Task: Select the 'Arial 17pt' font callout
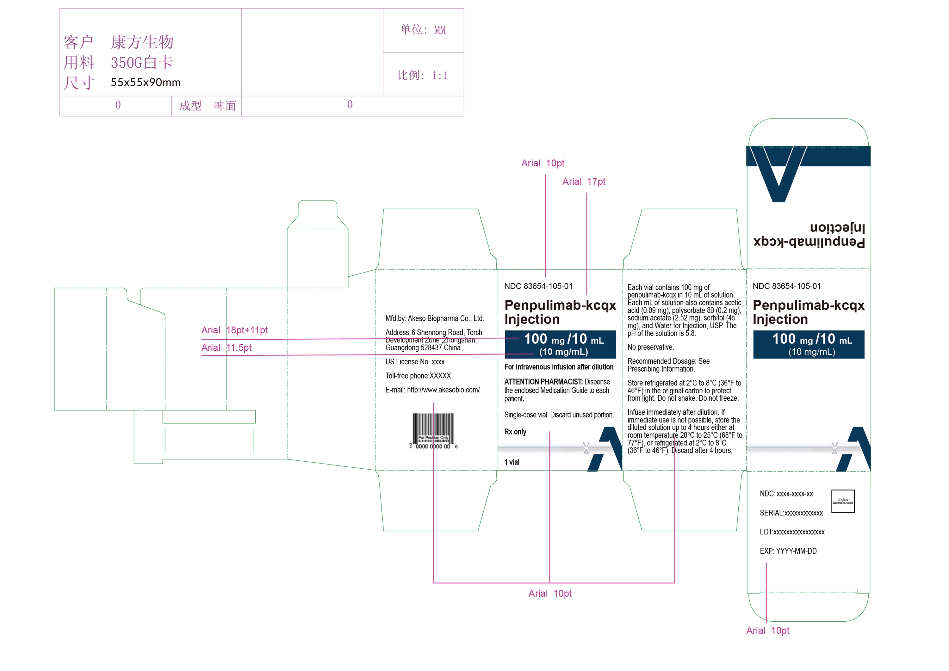point(584,182)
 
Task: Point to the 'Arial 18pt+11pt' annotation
point(234,330)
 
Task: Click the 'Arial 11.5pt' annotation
point(226,348)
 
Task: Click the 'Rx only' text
point(515,432)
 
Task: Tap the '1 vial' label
point(512,462)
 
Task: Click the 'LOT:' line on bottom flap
point(791,532)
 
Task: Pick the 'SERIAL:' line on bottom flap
point(791,513)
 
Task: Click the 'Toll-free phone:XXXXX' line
point(418,376)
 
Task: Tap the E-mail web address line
point(432,390)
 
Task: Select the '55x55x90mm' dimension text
point(146,82)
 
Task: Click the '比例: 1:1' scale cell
point(423,75)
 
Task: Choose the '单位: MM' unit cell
point(423,30)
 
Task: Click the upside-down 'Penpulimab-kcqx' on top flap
point(809,242)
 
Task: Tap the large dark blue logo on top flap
point(779,174)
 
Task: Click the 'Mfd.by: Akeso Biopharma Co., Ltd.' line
point(434,318)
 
